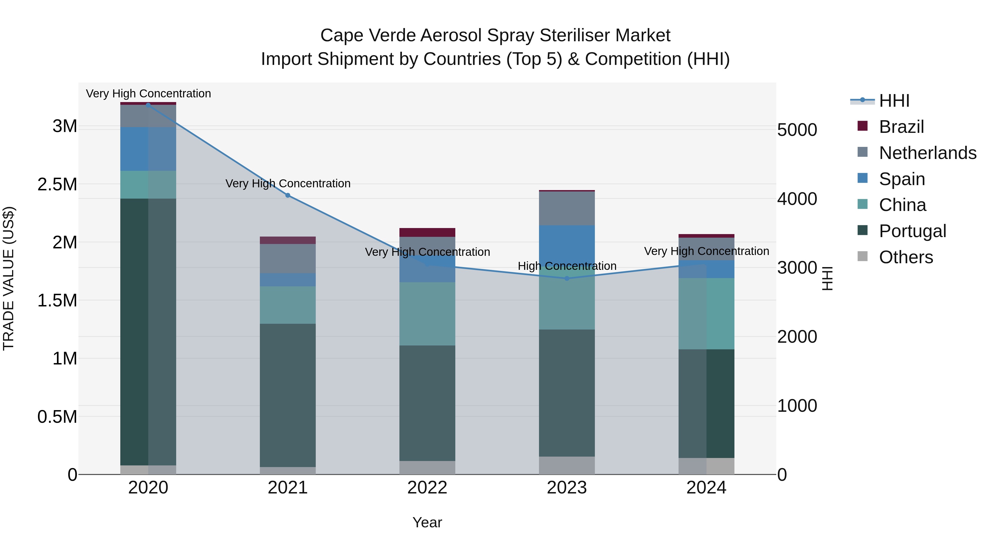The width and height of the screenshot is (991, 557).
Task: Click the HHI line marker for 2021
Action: (x=288, y=195)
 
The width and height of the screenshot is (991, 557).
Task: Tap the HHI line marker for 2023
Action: (x=567, y=278)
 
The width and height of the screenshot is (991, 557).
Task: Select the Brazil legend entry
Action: (x=901, y=127)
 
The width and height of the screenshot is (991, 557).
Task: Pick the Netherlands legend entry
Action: (x=927, y=153)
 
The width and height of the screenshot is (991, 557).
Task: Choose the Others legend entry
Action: (x=906, y=257)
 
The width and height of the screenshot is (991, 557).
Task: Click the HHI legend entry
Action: (x=894, y=101)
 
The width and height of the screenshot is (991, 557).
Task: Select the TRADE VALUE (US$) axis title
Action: (x=9, y=278)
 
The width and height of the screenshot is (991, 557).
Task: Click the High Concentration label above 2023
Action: (x=567, y=266)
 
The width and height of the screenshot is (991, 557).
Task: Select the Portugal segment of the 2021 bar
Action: (x=288, y=395)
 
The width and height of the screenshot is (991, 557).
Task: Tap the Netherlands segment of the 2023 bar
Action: (x=567, y=208)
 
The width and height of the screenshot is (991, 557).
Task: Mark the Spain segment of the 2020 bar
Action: (x=148, y=149)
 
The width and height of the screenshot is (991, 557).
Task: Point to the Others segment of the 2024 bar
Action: (x=706, y=466)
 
